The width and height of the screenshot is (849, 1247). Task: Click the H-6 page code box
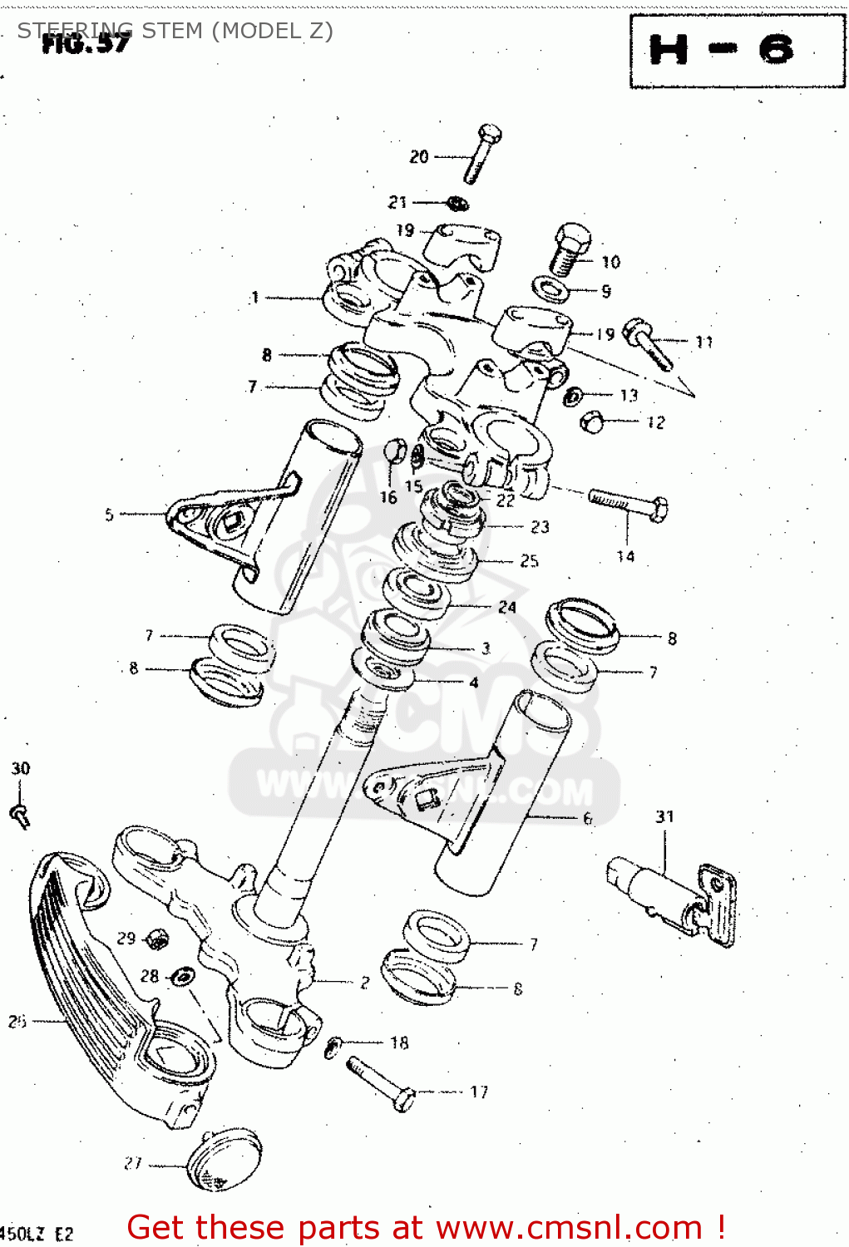click(x=737, y=51)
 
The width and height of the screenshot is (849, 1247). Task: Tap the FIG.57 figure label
click(x=86, y=43)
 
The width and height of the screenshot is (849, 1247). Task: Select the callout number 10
click(x=611, y=263)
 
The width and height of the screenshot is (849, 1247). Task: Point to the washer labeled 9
click(x=550, y=290)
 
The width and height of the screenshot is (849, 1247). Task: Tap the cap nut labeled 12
click(x=591, y=422)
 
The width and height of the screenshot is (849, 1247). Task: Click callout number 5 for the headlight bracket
click(x=109, y=515)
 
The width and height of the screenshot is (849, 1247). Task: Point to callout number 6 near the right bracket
click(x=588, y=818)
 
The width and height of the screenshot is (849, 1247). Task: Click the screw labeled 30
click(x=20, y=816)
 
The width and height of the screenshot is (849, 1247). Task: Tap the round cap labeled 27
click(x=222, y=1160)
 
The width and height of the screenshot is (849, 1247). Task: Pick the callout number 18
click(x=399, y=1042)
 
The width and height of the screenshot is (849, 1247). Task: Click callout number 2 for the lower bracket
click(x=364, y=983)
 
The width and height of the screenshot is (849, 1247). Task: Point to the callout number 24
click(x=507, y=608)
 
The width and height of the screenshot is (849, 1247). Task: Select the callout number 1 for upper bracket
click(x=254, y=298)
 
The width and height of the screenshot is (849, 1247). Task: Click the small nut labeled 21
click(x=457, y=203)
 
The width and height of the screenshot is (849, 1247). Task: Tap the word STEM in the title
click(x=172, y=31)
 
